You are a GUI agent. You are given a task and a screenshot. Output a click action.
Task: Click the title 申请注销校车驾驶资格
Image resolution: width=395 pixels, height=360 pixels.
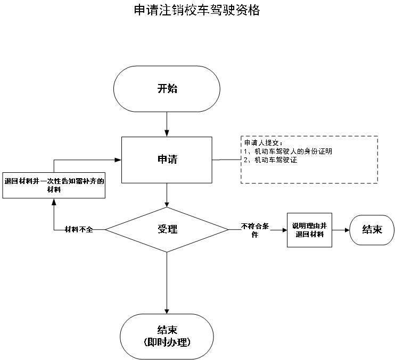click(x=197, y=10)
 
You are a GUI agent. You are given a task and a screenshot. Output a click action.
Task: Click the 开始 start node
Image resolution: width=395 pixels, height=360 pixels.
click(x=167, y=89)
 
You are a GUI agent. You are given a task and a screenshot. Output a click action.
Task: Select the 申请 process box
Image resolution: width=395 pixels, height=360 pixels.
click(x=167, y=160)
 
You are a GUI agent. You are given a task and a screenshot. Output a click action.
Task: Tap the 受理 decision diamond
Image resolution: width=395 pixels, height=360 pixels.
click(x=167, y=229)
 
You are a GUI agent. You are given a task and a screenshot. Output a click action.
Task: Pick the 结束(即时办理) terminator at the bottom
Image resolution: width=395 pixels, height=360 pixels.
click(x=167, y=336)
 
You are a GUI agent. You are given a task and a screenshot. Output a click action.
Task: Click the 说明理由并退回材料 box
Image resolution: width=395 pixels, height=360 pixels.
click(x=308, y=230)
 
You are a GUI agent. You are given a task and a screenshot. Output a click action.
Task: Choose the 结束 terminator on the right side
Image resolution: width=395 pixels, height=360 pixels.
click(x=372, y=230)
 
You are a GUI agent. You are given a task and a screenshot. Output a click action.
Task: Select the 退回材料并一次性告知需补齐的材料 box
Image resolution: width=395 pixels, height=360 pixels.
click(x=54, y=185)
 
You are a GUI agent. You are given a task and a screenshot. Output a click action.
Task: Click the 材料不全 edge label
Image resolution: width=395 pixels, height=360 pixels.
click(x=79, y=229)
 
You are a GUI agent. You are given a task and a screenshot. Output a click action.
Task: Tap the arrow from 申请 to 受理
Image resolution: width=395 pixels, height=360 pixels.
click(x=167, y=195)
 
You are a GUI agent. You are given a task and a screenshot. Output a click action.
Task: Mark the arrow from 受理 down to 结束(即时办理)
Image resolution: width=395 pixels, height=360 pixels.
click(x=167, y=282)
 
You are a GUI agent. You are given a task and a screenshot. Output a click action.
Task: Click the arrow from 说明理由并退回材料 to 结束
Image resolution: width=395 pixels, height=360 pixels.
click(x=339, y=230)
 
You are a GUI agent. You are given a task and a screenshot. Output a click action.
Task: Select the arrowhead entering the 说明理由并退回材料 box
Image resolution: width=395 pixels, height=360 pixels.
click(x=284, y=230)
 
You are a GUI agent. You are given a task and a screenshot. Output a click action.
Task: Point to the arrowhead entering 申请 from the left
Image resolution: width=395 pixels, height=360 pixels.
click(x=118, y=159)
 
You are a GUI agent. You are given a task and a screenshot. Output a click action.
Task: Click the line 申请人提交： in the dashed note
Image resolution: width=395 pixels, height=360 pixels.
click(x=264, y=144)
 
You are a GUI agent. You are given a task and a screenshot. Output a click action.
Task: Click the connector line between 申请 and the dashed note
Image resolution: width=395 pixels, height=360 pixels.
click(x=226, y=158)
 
